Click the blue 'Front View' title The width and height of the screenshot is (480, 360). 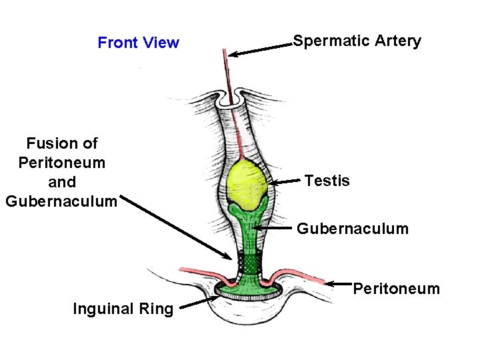click(138, 43)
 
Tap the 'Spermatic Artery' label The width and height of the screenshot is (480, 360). click(357, 41)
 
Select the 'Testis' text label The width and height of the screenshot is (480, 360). click(327, 181)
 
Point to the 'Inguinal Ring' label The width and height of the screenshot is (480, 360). click(123, 309)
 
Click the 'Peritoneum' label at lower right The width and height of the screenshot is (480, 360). click(396, 289)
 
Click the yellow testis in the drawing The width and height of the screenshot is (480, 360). click(247, 183)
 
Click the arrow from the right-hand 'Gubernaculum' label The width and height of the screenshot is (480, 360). click(273, 229)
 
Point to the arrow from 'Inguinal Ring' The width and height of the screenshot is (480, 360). click(197, 303)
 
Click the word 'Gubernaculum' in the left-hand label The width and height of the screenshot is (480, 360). click(61, 201)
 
